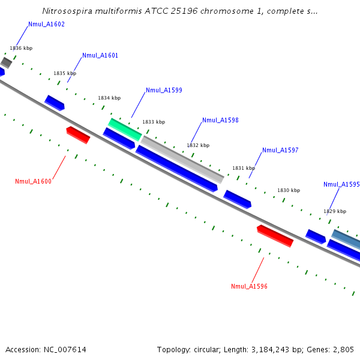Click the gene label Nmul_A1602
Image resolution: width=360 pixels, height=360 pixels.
click(46, 25)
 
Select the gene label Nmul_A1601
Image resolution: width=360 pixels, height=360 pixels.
click(100, 55)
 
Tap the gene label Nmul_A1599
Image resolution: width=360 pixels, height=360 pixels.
click(164, 91)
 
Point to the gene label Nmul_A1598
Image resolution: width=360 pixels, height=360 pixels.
click(220, 120)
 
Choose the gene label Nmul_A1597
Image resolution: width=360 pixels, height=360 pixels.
click(280, 151)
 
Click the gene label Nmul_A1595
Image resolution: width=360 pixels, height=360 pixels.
click(341, 185)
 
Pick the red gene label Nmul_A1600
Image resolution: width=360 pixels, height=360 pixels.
click(33, 181)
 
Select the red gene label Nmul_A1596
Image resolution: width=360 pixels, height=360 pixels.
click(249, 286)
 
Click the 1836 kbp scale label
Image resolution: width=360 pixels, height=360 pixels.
click(21, 48)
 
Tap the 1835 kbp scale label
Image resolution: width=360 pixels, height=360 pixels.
click(65, 73)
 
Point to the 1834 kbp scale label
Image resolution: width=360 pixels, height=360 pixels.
click(109, 98)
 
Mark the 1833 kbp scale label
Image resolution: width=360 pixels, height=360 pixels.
click(153, 122)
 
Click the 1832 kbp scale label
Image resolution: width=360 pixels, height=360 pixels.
click(198, 145)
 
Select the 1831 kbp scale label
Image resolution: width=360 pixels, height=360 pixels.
click(244, 168)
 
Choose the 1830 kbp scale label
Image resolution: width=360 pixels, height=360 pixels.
click(288, 190)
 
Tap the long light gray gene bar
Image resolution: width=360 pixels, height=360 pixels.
click(182, 159)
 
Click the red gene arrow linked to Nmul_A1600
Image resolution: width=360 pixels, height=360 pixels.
click(78, 135)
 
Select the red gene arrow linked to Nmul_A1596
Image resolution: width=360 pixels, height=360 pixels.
click(275, 236)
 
